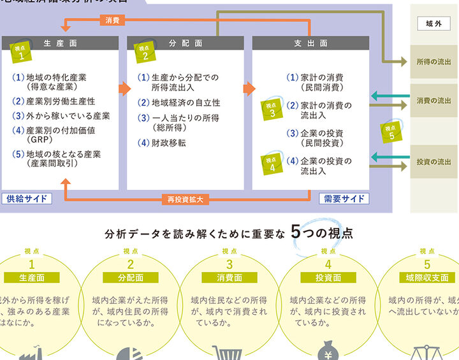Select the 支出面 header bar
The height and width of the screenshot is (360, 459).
(310, 43)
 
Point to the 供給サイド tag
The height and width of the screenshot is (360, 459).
(27, 198)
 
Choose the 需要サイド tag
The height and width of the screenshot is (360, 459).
(344, 198)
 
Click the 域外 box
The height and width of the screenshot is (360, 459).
(433, 24)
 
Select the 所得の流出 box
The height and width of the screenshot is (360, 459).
(433, 62)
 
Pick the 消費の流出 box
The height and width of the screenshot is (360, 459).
(433, 101)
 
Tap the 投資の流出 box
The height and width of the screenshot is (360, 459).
(433, 162)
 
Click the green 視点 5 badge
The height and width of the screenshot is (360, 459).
(391, 131)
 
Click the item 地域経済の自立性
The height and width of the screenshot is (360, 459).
(186, 102)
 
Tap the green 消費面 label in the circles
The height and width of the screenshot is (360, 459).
(229, 278)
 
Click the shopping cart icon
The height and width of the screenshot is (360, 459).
(229, 352)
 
